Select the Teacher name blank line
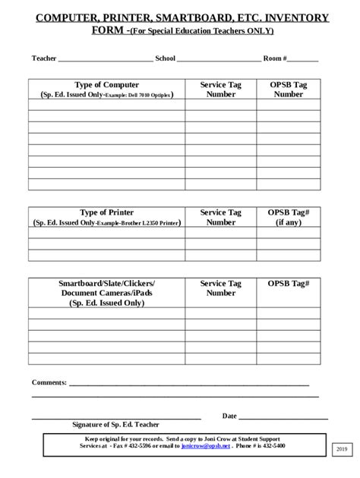pyautogui.click(x=105, y=59)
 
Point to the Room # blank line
pyautogui.click(x=303, y=59)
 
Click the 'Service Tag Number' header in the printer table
pyautogui.click(x=220, y=218)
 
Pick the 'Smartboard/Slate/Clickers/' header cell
pyautogui.click(x=106, y=283)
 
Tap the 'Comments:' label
pyautogui.click(x=49, y=383)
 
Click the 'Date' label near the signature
pyautogui.click(x=229, y=416)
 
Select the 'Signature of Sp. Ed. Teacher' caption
pyautogui.click(x=115, y=425)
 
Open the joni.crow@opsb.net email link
pyautogui.click(x=205, y=447)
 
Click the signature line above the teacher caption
pyautogui.click(x=115, y=418)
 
